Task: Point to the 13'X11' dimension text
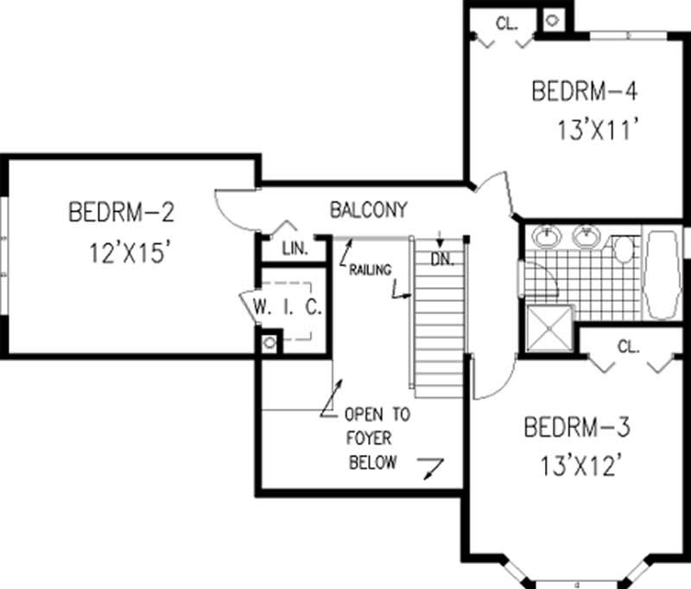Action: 598,131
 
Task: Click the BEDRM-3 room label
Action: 577,427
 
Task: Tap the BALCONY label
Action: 368,209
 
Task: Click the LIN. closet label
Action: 295,249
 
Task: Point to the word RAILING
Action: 371,269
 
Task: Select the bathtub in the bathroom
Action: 663,274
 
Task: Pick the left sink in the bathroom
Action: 546,236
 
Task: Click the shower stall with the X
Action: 549,329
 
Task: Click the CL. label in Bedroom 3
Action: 628,348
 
